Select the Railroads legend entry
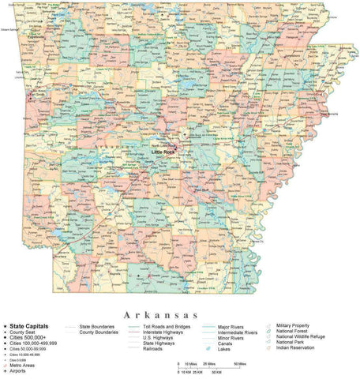point(155,347)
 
